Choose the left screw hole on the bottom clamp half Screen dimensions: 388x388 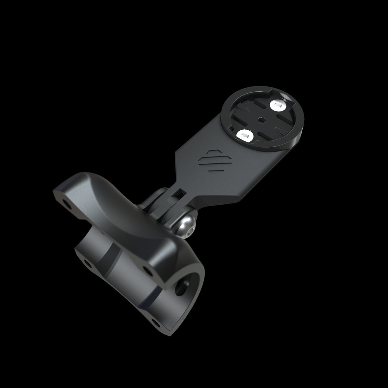pyautogui.click(x=87, y=262)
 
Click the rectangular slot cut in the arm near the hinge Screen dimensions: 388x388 pyautogui.click(x=177, y=194)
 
